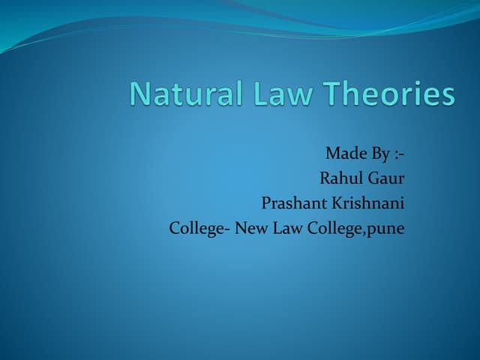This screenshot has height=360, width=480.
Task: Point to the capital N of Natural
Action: (x=140, y=94)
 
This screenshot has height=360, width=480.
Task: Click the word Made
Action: (x=344, y=154)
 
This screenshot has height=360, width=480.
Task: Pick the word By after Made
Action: (x=380, y=154)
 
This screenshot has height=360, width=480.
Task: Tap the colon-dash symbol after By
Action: (x=399, y=154)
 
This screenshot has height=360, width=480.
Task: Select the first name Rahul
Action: (x=340, y=178)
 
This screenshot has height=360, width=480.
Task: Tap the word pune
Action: (x=385, y=229)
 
